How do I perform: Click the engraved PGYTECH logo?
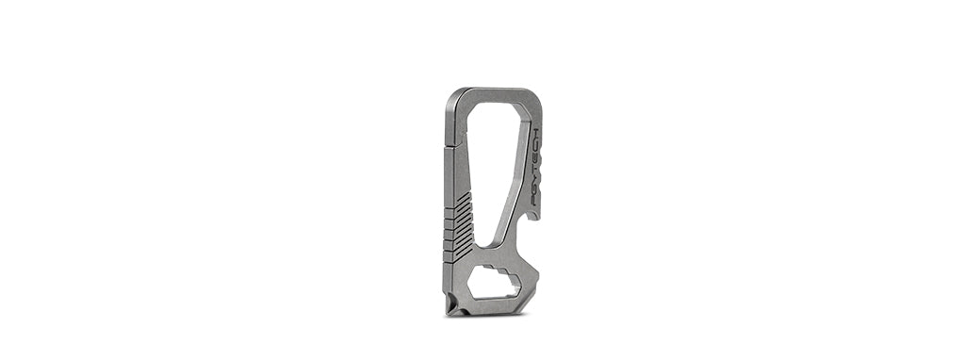(534, 167)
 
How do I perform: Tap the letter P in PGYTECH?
(534, 201)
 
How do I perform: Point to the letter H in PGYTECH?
(534, 133)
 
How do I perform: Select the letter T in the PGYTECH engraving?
(534, 168)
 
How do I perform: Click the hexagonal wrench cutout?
(495, 285)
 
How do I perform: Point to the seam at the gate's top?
(450, 147)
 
